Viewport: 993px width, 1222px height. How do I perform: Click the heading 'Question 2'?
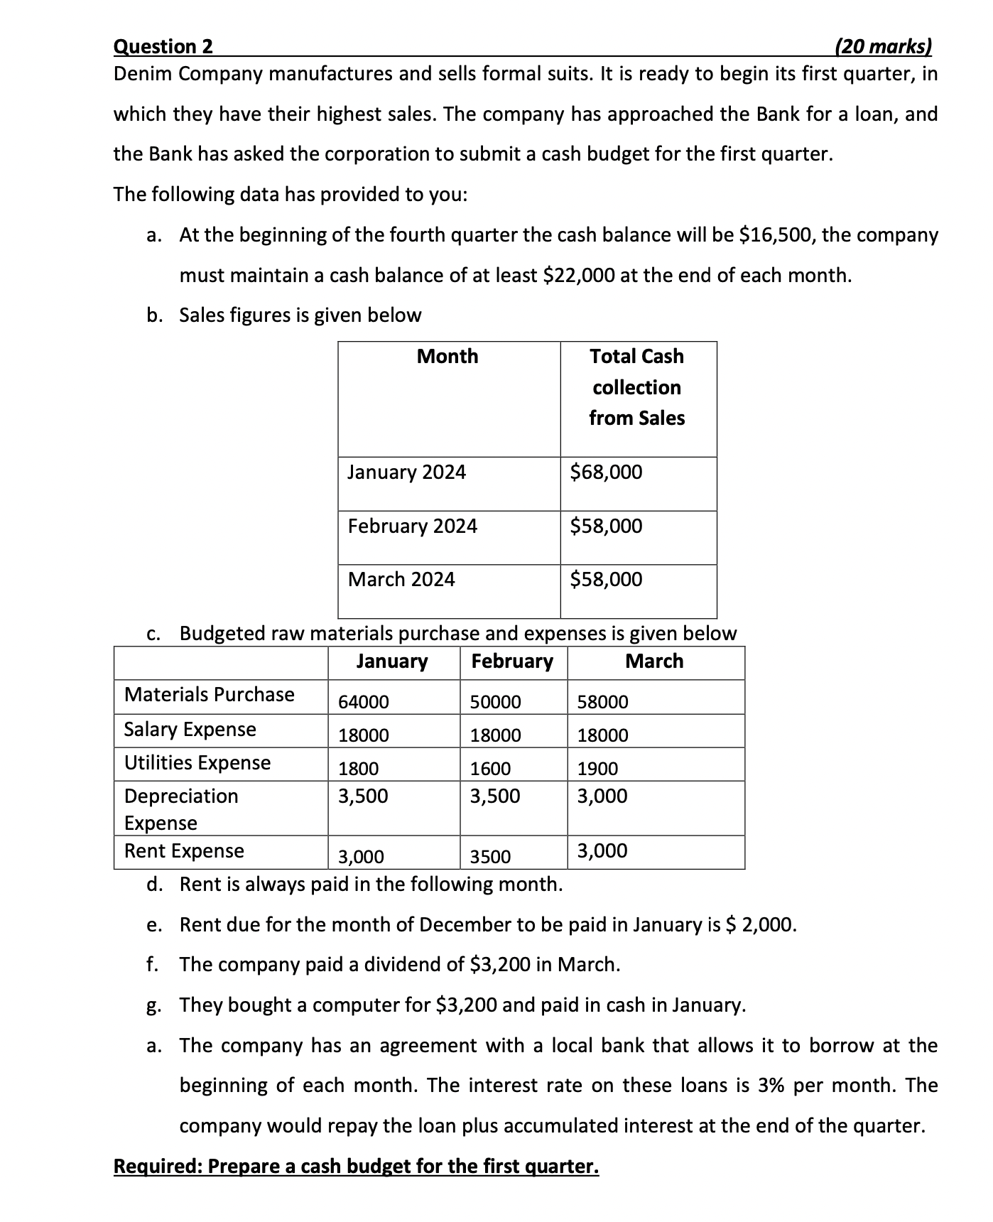tap(163, 47)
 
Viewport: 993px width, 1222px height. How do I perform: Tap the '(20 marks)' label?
tap(882, 47)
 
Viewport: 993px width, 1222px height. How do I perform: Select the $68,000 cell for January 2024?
tap(606, 472)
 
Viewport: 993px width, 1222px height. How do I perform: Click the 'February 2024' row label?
tap(412, 526)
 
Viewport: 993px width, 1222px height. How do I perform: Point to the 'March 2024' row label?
tap(401, 580)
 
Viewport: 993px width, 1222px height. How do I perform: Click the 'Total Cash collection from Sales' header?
tap(637, 387)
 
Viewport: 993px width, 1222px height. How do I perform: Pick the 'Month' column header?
tap(447, 356)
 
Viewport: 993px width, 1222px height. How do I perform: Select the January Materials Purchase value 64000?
tap(364, 702)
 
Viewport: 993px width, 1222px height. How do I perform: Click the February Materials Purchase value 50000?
tap(495, 702)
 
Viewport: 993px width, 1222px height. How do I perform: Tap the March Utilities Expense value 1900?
tap(597, 769)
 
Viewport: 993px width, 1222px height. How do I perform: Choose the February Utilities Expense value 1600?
tap(490, 769)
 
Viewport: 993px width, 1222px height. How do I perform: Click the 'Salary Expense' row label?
tap(190, 730)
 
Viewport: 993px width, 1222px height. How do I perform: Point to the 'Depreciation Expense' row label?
tap(181, 809)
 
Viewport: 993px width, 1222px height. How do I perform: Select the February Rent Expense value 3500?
tap(490, 857)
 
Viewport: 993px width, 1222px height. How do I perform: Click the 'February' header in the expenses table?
tap(512, 661)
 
